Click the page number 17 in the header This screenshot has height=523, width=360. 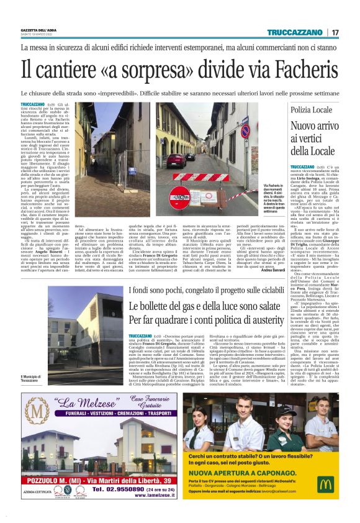click(x=335, y=32)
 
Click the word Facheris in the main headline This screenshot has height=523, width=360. click(x=297, y=68)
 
